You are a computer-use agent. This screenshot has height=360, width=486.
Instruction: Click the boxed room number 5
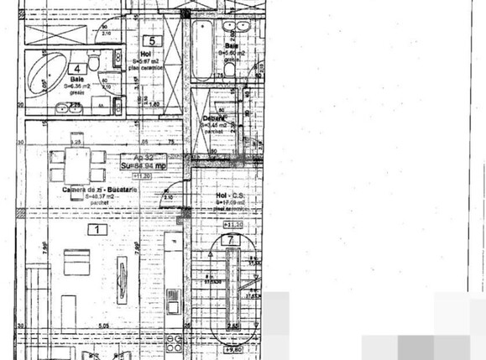click(x=151, y=40)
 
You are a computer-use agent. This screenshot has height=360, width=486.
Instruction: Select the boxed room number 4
click(x=77, y=70)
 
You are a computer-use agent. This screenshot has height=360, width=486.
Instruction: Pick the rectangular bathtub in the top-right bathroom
click(x=202, y=50)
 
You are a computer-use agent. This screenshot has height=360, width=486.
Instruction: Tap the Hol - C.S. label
click(x=229, y=196)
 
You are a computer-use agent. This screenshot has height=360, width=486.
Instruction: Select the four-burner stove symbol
click(x=175, y=343)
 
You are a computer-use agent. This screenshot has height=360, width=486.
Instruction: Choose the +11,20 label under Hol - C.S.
click(x=234, y=226)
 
